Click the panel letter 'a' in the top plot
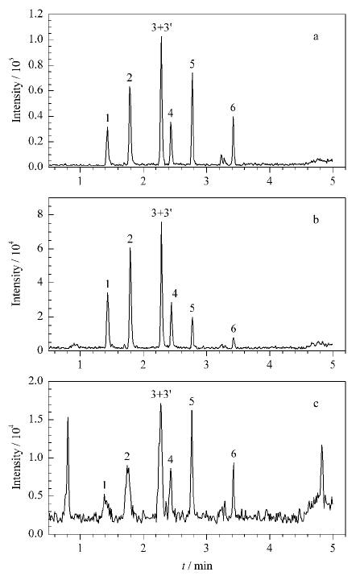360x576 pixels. [x=316, y=37]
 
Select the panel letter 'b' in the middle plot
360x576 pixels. [x=316, y=219]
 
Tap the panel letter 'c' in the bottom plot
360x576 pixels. [x=316, y=404]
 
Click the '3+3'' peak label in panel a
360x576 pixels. [x=162, y=27]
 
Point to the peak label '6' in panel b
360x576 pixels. [x=234, y=329]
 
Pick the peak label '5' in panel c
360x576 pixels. [x=192, y=402]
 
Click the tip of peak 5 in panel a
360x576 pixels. [x=192, y=73]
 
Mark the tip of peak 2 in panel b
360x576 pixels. [x=130, y=248]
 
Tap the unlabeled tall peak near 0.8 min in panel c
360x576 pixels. [x=68, y=417]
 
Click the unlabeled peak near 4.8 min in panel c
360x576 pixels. [x=322, y=445]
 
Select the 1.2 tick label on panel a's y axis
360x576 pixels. [x=37, y=15]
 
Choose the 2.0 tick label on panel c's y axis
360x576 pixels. [x=37, y=381]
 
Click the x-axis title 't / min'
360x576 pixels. [x=197, y=566]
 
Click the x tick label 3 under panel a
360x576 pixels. [x=206, y=181]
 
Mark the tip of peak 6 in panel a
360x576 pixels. [x=233, y=117]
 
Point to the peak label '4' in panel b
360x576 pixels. [x=175, y=294]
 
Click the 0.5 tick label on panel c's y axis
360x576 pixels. [x=37, y=495]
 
